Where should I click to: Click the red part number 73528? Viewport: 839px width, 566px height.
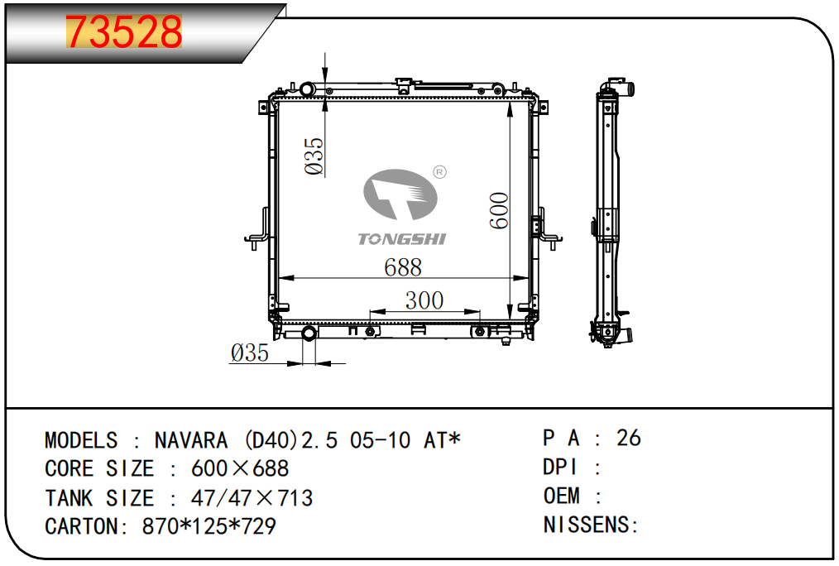(123, 31)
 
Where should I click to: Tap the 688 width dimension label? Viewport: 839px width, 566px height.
(403, 267)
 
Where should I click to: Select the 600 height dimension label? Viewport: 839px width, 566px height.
(499, 211)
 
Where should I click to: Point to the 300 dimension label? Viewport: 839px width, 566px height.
(424, 300)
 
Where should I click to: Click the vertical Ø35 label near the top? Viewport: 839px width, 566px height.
(314, 156)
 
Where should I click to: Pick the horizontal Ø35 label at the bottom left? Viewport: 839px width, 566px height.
(250, 353)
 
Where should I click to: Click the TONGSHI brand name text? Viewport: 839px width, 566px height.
(402, 239)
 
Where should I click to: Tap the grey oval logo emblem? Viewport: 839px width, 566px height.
(400, 194)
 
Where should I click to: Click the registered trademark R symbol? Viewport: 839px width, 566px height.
(439, 172)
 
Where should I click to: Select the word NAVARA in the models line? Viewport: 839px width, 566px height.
(191, 441)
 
